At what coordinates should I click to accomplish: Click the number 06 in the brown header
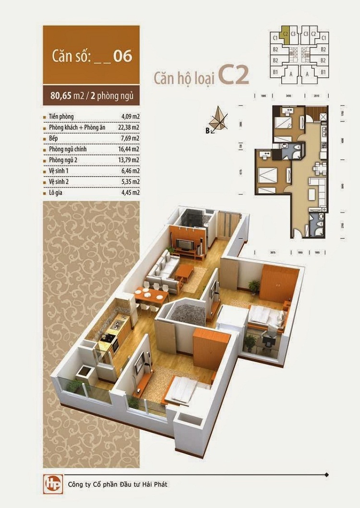click(123, 56)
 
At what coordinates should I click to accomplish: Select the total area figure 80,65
click(60, 95)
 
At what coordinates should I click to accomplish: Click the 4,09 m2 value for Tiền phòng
click(130, 117)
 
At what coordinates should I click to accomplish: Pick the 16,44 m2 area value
click(130, 149)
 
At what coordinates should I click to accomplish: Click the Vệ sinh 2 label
click(60, 182)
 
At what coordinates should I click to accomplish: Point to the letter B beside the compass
click(208, 130)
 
